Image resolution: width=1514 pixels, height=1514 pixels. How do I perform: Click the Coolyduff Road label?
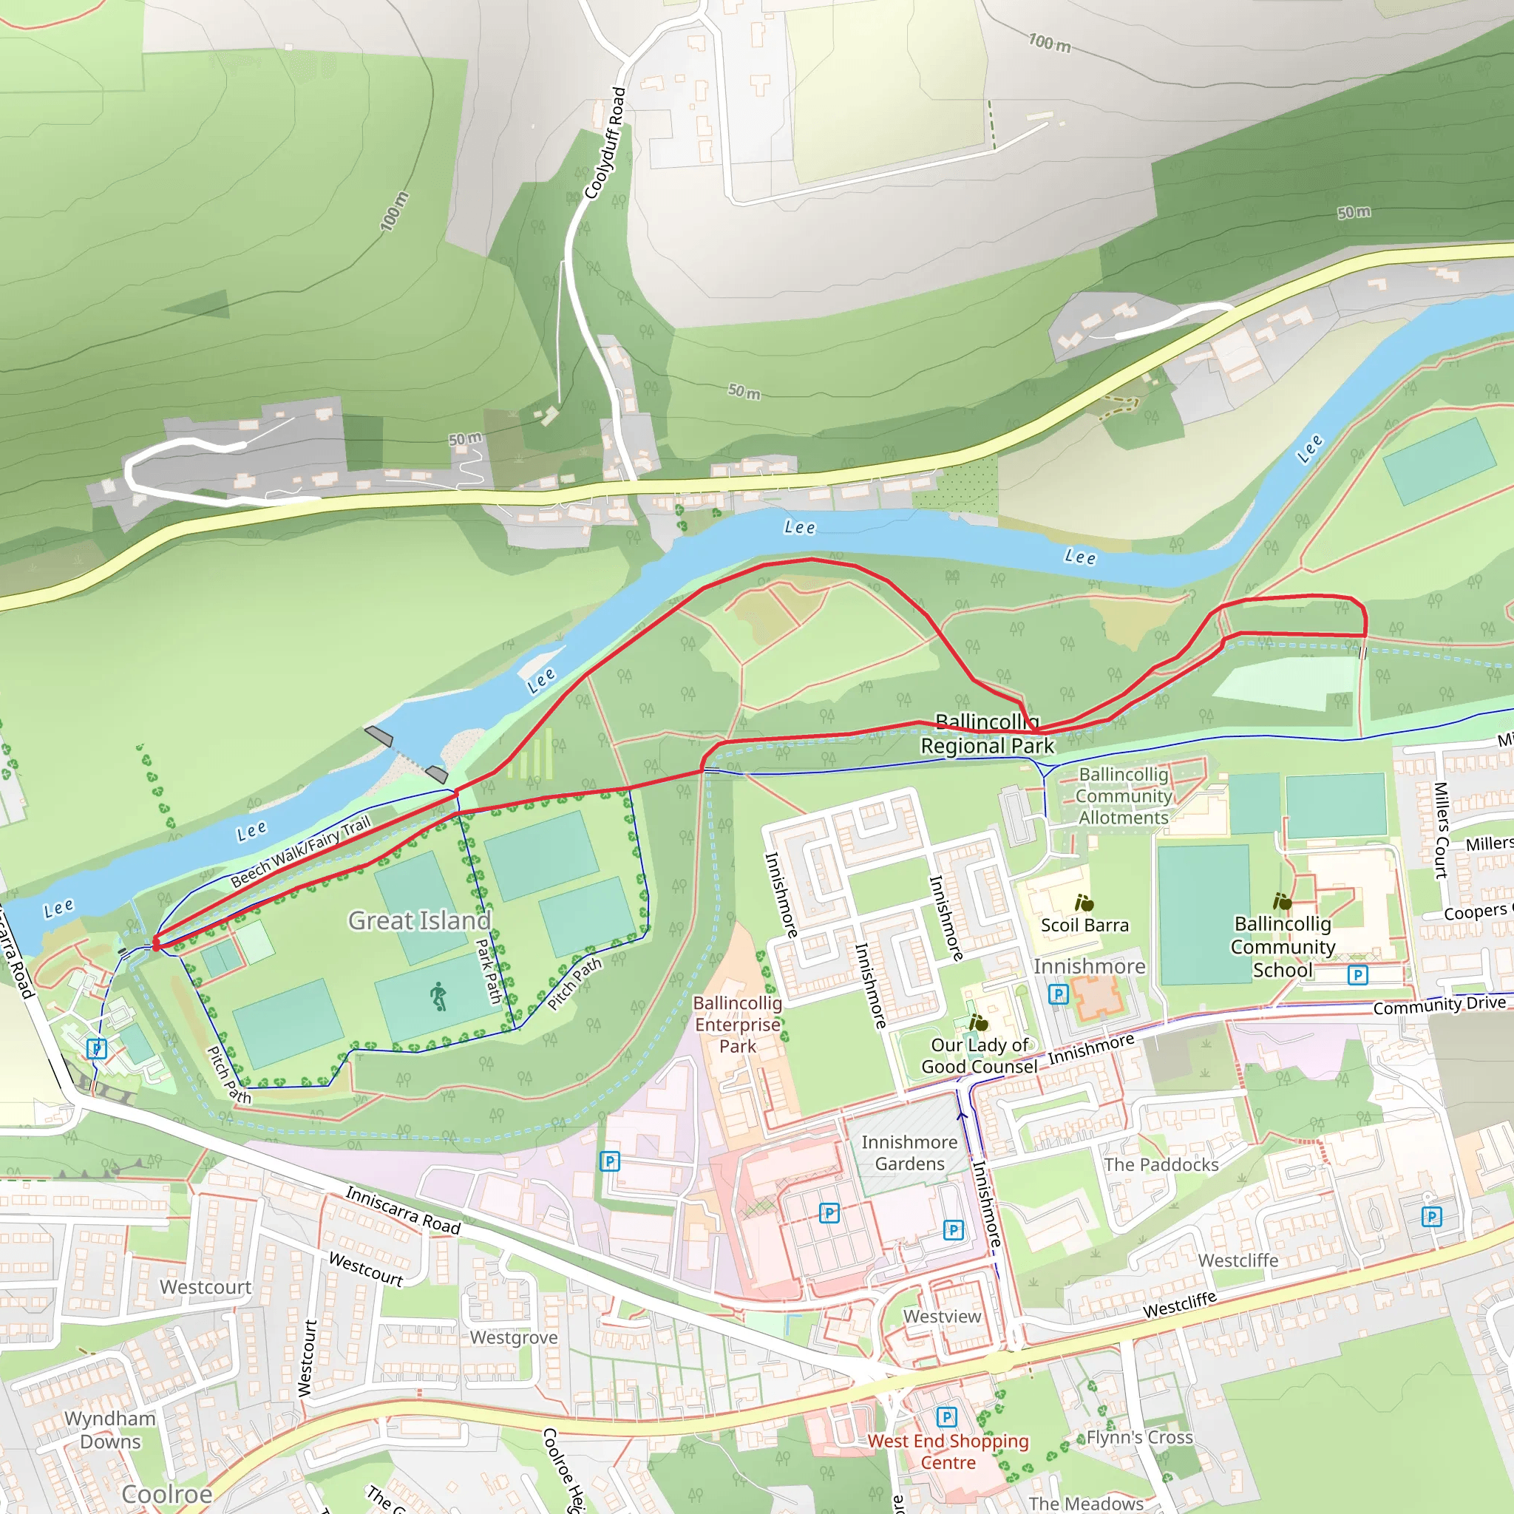(605, 143)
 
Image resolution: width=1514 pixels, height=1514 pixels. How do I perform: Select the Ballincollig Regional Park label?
(988, 733)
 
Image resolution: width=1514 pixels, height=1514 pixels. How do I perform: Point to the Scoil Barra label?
(1084, 925)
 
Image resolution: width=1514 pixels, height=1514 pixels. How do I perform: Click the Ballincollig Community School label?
(1282, 947)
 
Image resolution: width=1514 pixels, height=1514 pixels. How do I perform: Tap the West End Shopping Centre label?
(948, 1451)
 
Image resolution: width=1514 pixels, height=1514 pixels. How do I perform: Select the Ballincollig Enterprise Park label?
(737, 1024)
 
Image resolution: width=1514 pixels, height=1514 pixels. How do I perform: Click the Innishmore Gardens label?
(909, 1153)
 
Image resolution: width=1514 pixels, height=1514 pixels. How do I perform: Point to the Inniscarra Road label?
(403, 1211)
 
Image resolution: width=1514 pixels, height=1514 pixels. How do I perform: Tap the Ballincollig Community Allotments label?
(1123, 795)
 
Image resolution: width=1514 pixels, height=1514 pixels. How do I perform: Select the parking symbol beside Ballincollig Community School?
(1357, 975)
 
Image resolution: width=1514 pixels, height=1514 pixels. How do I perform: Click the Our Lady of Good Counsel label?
(979, 1056)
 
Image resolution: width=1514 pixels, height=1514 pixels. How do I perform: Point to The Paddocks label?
(1161, 1164)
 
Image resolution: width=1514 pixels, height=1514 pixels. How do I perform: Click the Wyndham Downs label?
(110, 1430)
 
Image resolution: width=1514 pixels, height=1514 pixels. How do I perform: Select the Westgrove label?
(513, 1337)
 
